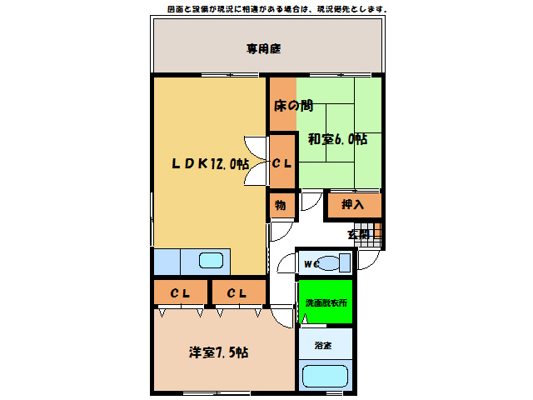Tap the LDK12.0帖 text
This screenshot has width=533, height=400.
click(x=210, y=163)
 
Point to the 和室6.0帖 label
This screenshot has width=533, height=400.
click(x=337, y=139)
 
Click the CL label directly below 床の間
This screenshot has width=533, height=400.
click(x=282, y=163)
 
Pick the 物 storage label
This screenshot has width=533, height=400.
click(x=281, y=203)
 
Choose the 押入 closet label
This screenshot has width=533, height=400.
click(x=354, y=204)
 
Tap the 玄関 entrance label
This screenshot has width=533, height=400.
click(x=358, y=236)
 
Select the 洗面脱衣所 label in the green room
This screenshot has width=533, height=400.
click(x=326, y=302)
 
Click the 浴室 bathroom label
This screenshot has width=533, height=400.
click(x=323, y=345)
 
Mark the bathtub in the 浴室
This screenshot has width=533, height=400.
click(x=325, y=377)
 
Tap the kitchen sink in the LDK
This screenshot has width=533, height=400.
click(x=212, y=260)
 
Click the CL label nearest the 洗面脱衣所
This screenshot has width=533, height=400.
click(x=237, y=293)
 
